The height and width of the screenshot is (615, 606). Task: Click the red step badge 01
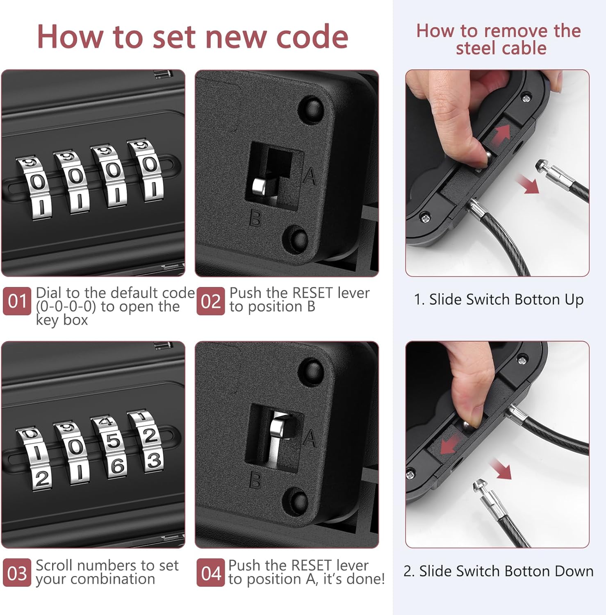pyautogui.click(x=17, y=301)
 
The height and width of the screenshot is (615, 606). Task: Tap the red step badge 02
pyautogui.click(x=210, y=301)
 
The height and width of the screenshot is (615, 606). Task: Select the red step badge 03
pyautogui.click(x=17, y=573)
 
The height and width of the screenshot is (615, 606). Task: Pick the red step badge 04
pyautogui.click(x=210, y=573)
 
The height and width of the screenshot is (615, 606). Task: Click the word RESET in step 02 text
pyautogui.click(x=313, y=293)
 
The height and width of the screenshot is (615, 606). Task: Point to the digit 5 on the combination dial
pyautogui.click(x=114, y=442)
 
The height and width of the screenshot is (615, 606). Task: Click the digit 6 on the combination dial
pyautogui.click(x=117, y=466)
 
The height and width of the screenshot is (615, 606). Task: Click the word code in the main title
pyautogui.click(x=312, y=37)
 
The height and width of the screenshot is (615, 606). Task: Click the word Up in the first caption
pyautogui.click(x=574, y=300)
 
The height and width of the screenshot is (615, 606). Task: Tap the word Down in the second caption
pyautogui.click(x=573, y=571)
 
